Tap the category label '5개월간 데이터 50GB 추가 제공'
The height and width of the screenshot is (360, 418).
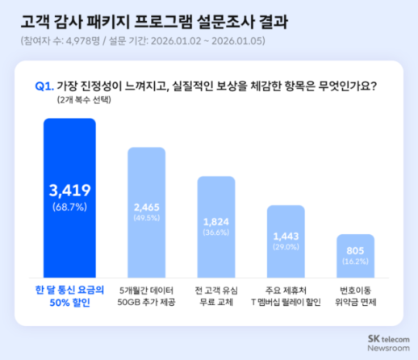click(x=148, y=295)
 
